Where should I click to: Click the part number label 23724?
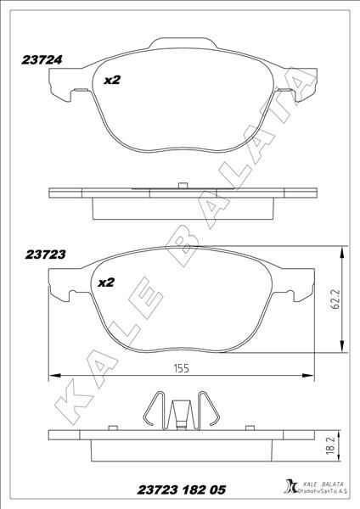point(42,60)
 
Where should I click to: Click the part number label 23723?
point(46,255)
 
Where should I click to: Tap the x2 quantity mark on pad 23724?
point(112,80)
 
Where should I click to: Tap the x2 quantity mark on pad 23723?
point(106,282)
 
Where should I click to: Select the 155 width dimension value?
point(182,368)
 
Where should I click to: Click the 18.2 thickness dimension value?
point(330,445)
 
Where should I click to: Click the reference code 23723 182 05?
point(182,489)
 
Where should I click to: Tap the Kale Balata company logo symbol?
point(290,487)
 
